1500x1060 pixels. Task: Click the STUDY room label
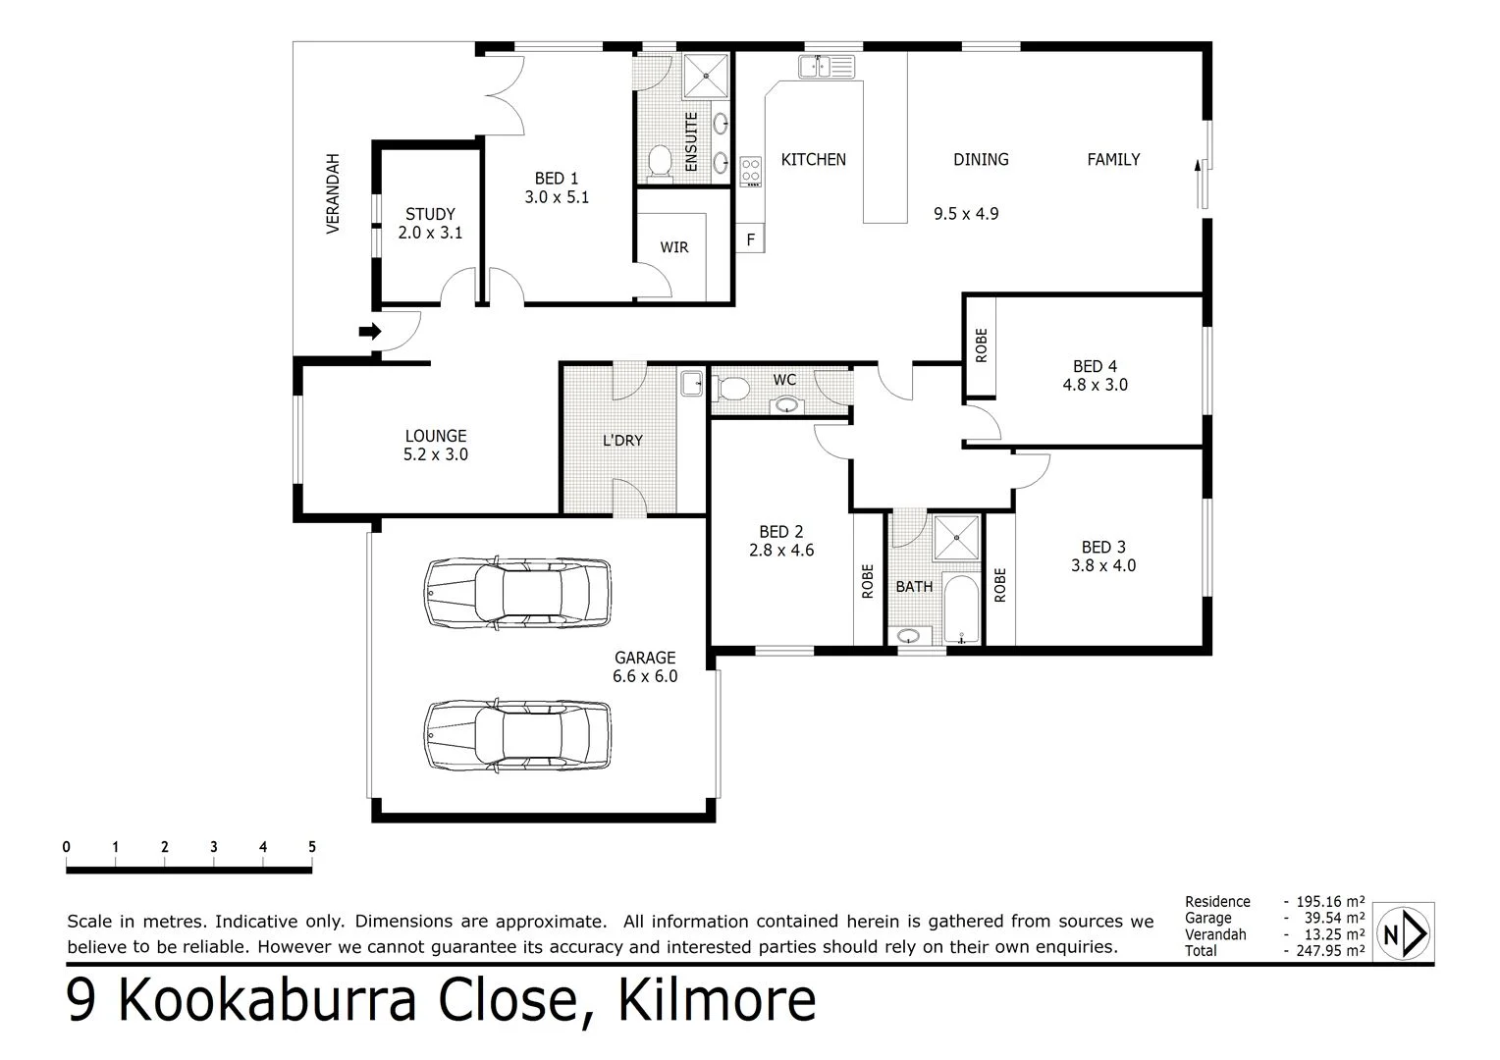tap(430, 214)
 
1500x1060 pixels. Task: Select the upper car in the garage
tap(517, 593)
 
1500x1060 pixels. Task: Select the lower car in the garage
tap(517, 735)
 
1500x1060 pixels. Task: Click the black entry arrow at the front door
tap(370, 332)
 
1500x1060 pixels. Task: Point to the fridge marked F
tap(750, 238)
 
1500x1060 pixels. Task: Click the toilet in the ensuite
tap(659, 161)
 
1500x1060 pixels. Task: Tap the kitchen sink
tap(827, 66)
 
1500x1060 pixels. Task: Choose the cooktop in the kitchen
tap(751, 171)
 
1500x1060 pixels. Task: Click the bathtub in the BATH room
tap(961, 609)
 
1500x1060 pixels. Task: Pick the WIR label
tap(674, 247)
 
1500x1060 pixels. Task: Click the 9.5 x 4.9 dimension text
tap(966, 214)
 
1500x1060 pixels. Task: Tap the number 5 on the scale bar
tap(312, 847)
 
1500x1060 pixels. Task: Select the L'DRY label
tap(622, 441)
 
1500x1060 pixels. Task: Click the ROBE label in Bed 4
tap(981, 345)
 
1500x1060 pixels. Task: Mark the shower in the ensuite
tap(706, 76)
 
